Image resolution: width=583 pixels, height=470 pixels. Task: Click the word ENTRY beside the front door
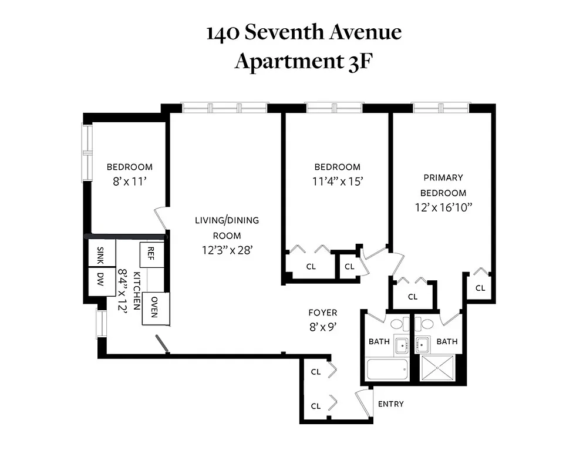point(390,404)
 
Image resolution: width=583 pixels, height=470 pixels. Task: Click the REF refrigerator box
point(150,254)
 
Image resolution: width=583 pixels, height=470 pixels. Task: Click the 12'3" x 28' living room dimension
point(227,250)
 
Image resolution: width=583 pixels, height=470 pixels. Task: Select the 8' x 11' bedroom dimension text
point(129,182)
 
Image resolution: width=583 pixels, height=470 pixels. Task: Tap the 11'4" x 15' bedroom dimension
point(337,182)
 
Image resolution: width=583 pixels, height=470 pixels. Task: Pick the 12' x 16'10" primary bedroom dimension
point(443,207)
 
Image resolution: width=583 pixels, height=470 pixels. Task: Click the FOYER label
point(323,313)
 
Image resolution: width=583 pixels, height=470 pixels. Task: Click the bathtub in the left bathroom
point(387,370)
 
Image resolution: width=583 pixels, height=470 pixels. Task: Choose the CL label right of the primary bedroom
point(480,288)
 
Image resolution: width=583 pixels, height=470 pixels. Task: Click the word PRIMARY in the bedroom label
point(443,177)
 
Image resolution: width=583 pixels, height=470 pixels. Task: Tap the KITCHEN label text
point(137,291)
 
